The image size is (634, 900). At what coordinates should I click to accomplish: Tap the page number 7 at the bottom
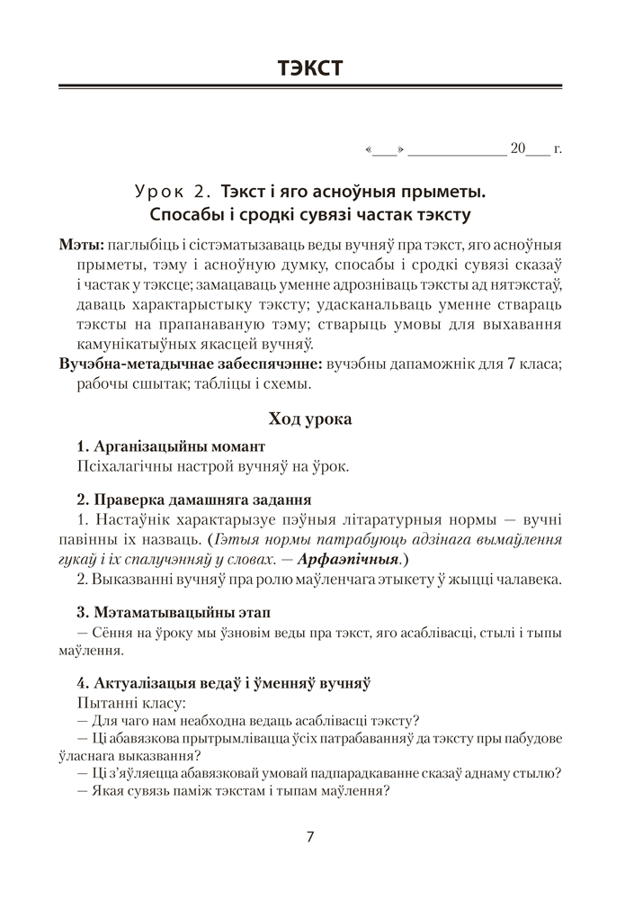(x=310, y=837)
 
